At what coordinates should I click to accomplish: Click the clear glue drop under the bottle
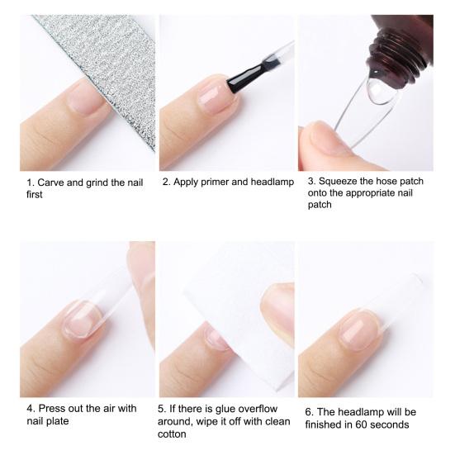(378, 90)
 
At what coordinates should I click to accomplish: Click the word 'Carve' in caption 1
(50, 182)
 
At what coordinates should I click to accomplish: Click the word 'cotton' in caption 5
(172, 434)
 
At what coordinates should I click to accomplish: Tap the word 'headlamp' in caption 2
(273, 182)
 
